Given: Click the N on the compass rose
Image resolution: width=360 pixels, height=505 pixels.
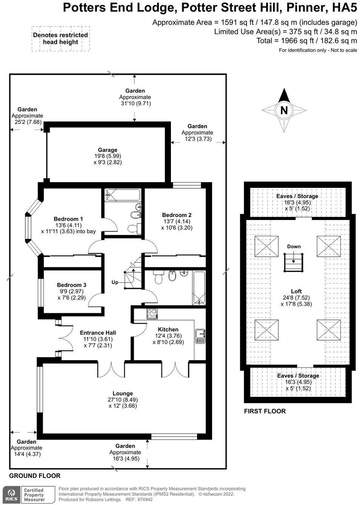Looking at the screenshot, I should tap(284, 110).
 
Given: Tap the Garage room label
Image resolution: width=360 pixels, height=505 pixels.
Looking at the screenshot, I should tap(108, 150).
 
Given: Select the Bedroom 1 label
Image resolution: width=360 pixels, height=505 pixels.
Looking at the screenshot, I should tap(68, 219).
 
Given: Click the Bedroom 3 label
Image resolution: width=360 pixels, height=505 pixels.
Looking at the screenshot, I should tap(71, 285).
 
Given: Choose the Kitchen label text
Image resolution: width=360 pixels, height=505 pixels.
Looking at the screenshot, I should tap(168, 329).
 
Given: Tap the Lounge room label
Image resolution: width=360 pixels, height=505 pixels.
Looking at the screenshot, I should tap(123, 393).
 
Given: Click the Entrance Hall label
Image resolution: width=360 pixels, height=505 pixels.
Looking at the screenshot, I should tap(98, 333).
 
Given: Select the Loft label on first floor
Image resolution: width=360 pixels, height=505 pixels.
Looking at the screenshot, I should tap(296, 291).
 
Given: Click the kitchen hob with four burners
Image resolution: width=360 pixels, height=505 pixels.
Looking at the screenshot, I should tap(152, 314).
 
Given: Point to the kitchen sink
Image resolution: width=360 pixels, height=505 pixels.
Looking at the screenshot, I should tap(200, 336).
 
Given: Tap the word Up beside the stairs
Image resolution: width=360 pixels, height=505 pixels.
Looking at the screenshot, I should tap(115, 282).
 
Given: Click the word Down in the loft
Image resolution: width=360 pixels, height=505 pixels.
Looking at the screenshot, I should tap(294, 246).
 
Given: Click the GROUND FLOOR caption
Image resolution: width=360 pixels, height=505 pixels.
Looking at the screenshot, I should tap(35, 476).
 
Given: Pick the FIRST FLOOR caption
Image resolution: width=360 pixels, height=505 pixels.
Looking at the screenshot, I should tap(265, 411).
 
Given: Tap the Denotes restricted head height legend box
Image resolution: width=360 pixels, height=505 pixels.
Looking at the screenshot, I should tap(61, 39).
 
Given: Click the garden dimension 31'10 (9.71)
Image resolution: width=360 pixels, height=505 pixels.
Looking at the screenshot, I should tap(135, 103).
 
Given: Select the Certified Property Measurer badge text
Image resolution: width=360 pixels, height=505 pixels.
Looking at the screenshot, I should tap(34, 495).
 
